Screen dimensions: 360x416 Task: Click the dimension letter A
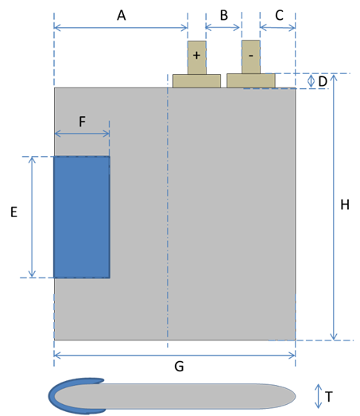122,15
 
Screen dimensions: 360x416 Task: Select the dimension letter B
224,15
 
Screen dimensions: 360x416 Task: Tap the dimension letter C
279,15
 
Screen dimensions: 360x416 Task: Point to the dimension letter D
323,81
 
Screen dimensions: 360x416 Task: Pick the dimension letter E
14,212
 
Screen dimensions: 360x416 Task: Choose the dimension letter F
82,122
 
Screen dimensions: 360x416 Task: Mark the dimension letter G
179,367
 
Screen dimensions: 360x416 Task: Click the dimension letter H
345,204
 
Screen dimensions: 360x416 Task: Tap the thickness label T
329,397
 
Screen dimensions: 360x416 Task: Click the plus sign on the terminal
196,55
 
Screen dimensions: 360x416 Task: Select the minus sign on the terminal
251,56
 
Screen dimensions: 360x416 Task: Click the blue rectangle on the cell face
82,217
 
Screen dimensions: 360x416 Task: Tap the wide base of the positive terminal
197,80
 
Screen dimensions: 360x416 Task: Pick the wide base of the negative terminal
251,80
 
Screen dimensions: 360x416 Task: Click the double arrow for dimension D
312,81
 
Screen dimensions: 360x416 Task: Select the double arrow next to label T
318,396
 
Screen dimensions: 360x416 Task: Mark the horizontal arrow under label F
82,134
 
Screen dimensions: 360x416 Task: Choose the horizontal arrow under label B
223,27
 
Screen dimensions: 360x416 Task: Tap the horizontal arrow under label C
277,27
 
